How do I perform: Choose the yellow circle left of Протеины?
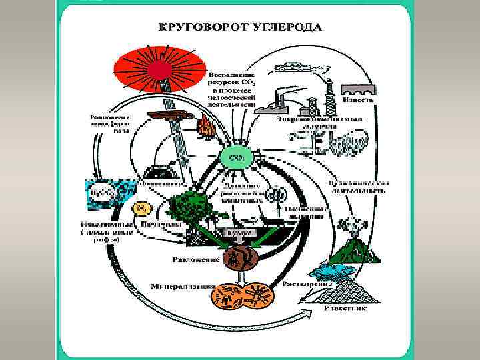tap(141, 209)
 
